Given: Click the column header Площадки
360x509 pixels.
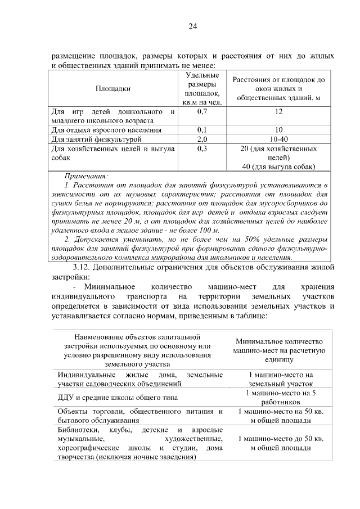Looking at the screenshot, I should [112, 88].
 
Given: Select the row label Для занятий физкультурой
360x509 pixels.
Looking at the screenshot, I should [96, 139].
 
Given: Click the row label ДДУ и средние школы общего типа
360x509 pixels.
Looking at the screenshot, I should [116, 398].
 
